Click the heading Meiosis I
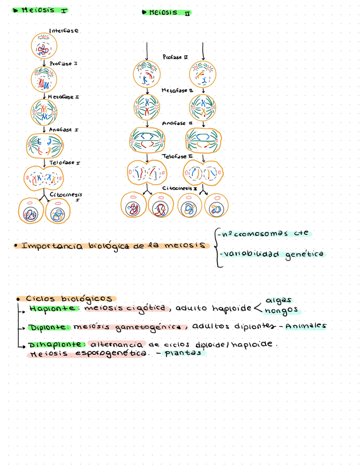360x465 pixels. click(x=44, y=10)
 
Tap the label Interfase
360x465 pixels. click(x=64, y=31)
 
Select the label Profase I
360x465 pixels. click(x=64, y=64)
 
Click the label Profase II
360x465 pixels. click(x=175, y=56)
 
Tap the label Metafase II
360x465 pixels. click(x=177, y=90)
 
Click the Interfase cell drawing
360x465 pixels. click(x=44, y=47)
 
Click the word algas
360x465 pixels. click(x=278, y=300)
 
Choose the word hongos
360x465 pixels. click(x=281, y=310)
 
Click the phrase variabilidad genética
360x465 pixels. click(x=272, y=254)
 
